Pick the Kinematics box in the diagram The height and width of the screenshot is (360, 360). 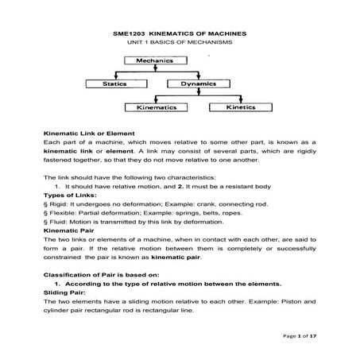[x=156, y=105]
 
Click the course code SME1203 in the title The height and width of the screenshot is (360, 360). [x=123, y=34]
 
